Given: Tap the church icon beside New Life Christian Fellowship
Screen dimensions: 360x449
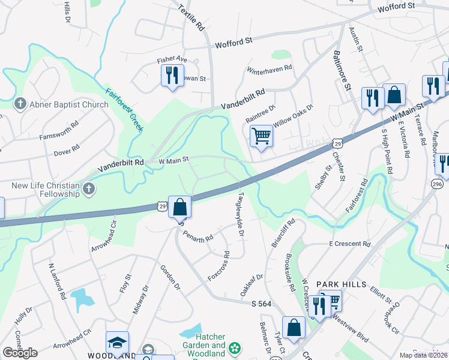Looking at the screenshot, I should point(88,190).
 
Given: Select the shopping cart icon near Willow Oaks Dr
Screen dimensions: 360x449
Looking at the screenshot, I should point(261,136).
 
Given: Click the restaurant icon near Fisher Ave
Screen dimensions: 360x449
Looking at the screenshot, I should point(172,76).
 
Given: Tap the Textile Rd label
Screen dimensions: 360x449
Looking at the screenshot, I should point(192,18).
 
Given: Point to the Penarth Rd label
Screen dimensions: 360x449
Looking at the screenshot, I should point(198,235).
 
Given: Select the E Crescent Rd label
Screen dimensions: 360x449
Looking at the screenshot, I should point(349,244).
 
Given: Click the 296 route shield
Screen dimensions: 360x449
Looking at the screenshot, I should point(437,182).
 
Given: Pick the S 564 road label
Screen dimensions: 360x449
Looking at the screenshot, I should point(262,304).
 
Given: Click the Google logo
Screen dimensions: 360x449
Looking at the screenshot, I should point(20,353).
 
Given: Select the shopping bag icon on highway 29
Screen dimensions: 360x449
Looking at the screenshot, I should point(179,207).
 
